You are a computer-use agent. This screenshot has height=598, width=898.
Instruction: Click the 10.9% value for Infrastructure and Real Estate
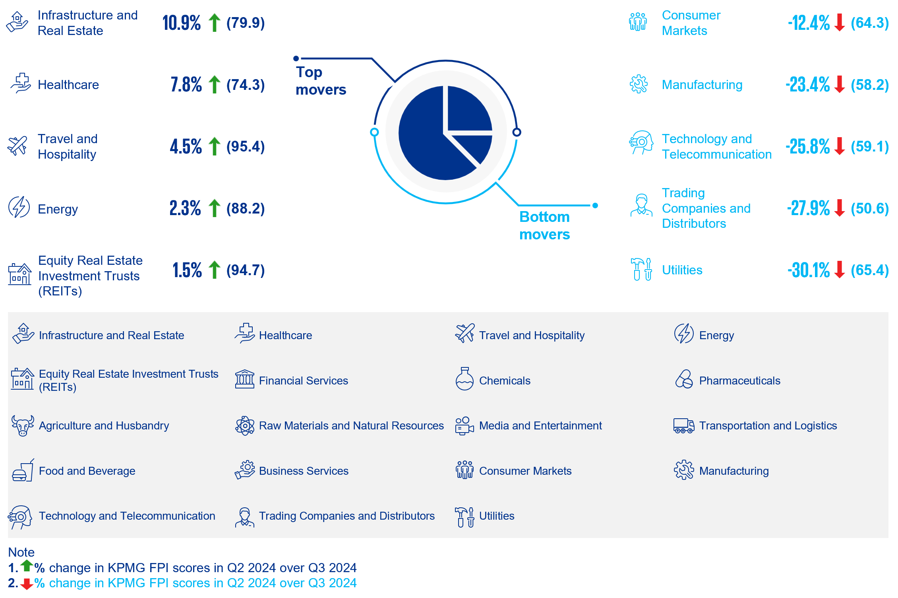[x=182, y=23]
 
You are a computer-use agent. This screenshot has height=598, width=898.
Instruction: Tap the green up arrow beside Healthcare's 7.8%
[x=215, y=84]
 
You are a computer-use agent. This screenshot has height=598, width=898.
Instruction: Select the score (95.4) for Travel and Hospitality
[x=246, y=146]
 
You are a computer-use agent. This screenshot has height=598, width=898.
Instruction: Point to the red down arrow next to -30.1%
[x=840, y=270]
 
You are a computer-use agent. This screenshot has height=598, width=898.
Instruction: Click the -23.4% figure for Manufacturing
[x=807, y=85]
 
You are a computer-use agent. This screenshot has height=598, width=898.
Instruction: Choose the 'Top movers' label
[x=321, y=81]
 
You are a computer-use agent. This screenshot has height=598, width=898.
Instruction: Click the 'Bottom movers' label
[x=544, y=225]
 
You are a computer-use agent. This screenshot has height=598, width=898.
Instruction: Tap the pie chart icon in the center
[x=445, y=132]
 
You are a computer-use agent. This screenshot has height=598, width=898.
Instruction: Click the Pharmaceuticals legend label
[x=739, y=381]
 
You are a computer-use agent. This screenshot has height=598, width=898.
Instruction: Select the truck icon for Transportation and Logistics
[x=683, y=425]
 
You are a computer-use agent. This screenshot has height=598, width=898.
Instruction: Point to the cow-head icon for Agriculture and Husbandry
[x=23, y=425]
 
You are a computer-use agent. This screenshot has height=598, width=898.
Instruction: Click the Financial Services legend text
[x=303, y=381]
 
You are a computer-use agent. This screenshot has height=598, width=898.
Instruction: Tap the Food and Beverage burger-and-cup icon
[x=23, y=470]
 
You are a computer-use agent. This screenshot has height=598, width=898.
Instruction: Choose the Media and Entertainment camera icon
[x=464, y=426]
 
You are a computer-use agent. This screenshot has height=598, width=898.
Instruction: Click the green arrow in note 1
[x=27, y=565]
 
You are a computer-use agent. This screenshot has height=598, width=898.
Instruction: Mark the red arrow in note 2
[x=27, y=584]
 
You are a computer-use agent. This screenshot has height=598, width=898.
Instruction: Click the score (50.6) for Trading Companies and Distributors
[x=869, y=208]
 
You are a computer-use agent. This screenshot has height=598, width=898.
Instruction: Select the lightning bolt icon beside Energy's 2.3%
[x=19, y=207]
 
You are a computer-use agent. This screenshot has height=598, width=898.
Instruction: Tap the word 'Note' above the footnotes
[x=21, y=552]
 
